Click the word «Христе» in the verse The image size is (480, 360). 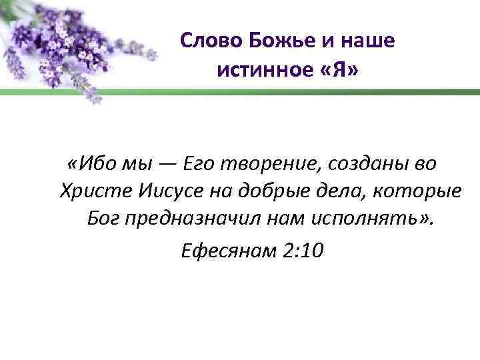96,191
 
